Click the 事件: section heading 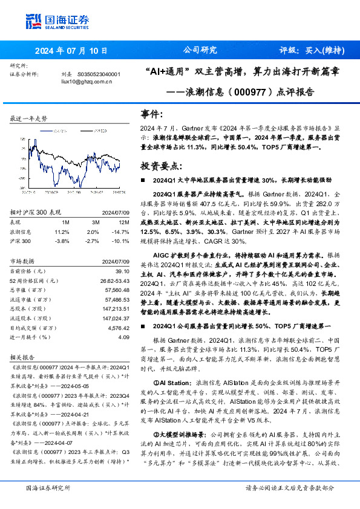[x=152, y=114]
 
